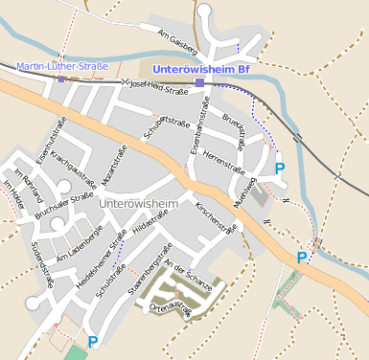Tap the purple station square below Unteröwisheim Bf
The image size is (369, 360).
tap(199, 83)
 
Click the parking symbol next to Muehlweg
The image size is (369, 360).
tap(280, 169)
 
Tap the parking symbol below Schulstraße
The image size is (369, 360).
tap(93, 342)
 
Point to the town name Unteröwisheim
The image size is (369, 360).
tap(139, 204)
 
